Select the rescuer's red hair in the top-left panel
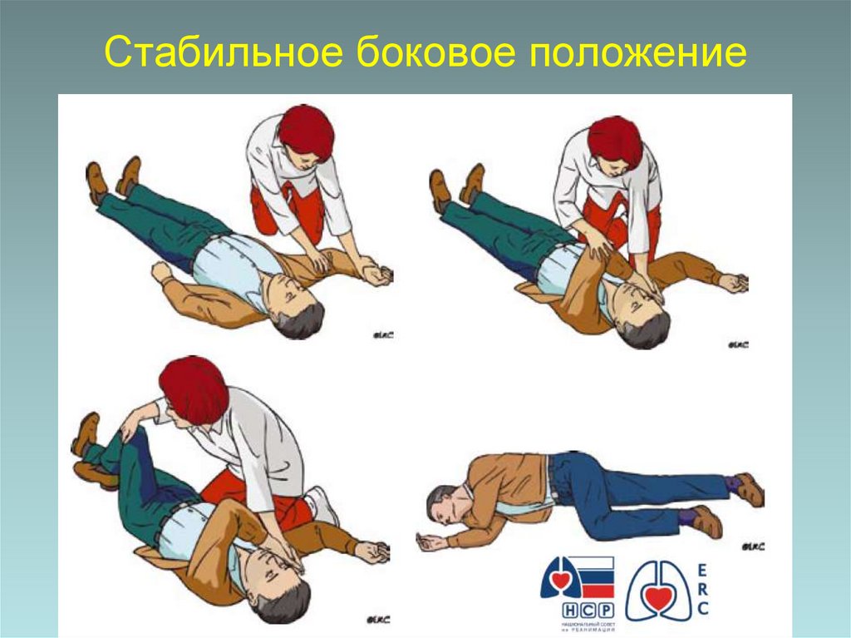[x=306, y=131]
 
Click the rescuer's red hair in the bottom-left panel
[x=194, y=389]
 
